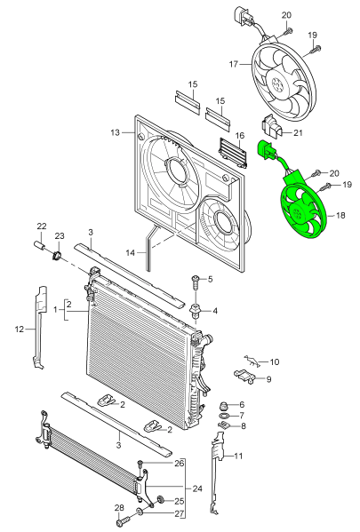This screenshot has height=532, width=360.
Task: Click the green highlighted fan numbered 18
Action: pyautogui.click(x=303, y=210)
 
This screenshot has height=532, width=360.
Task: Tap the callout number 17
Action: pyautogui.click(x=234, y=64)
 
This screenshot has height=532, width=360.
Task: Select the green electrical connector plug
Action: pyautogui.click(x=266, y=150)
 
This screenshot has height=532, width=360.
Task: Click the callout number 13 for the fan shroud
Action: pyautogui.click(x=116, y=132)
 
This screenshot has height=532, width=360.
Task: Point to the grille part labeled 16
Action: pyautogui.click(x=233, y=153)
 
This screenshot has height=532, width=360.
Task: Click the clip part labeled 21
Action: pyautogui.click(x=271, y=127)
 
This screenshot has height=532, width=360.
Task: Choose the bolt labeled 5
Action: pyautogui.click(x=196, y=282)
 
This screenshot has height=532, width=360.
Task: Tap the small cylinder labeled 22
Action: pyautogui.click(x=40, y=245)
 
